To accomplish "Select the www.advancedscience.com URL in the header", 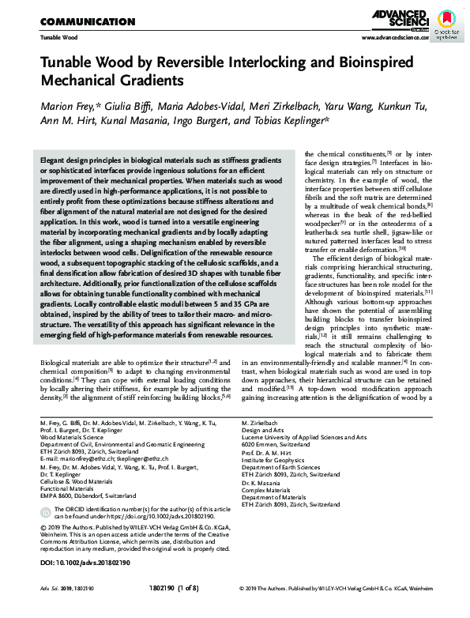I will pyautogui.click(x=394, y=37).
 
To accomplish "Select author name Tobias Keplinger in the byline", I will pyautogui.click(x=291, y=121).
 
